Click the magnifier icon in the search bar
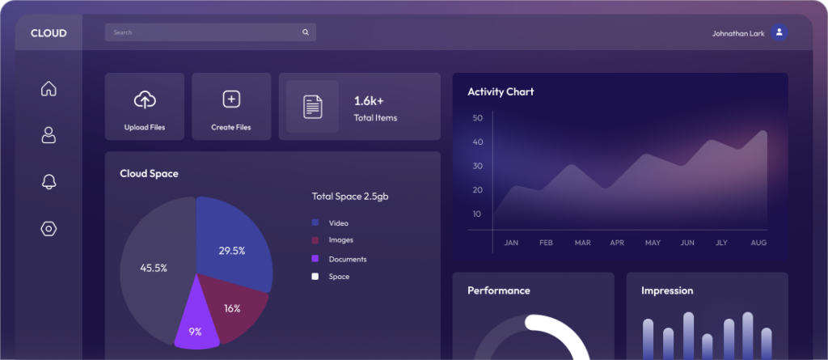tap(305, 32)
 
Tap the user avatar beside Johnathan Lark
tap(779, 32)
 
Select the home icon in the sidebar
tap(49, 88)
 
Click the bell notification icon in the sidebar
tap(49, 182)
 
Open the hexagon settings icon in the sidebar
tap(49, 229)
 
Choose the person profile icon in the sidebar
tap(49, 135)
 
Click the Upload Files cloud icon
tap(145, 100)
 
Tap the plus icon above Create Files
tap(231, 100)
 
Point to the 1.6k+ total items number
tap(369, 101)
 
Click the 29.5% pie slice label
tap(232, 251)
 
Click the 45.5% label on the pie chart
tap(153, 268)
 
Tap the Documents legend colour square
tap(315, 259)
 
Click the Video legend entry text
tap(339, 223)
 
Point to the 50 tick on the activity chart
tap(477, 118)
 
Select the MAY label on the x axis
tap(653, 243)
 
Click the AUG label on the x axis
tap(758, 243)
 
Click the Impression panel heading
tap(667, 290)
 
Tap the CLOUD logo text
tap(49, 33)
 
